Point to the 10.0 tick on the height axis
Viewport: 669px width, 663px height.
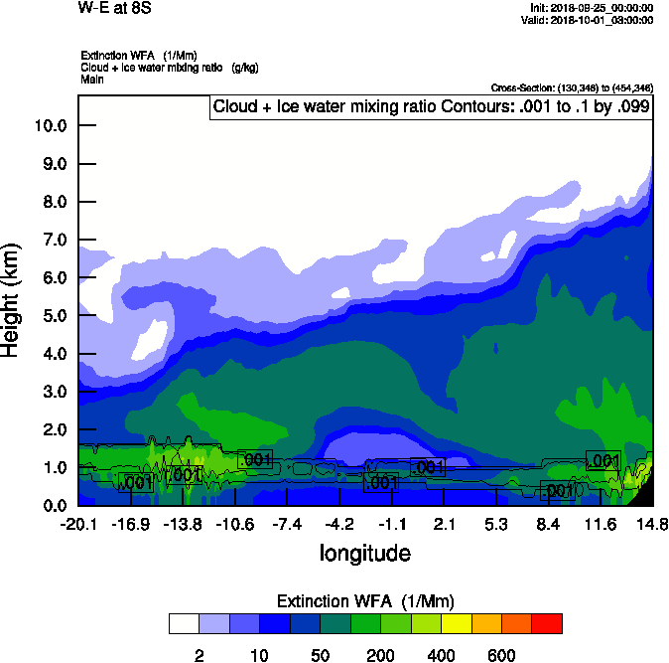(50, 126)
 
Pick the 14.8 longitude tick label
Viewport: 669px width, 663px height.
(652, 524)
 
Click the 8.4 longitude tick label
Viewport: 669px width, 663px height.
(550, 524)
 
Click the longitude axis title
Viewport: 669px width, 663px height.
(364, 552)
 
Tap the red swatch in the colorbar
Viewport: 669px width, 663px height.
(547, 624)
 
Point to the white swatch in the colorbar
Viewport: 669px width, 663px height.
(184, 624)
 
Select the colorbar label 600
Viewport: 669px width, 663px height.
(501, 655)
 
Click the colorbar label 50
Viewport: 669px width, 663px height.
(320, 655)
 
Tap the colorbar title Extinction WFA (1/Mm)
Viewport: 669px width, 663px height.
(364, 601)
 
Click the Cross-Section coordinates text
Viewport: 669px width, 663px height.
(572, 88)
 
